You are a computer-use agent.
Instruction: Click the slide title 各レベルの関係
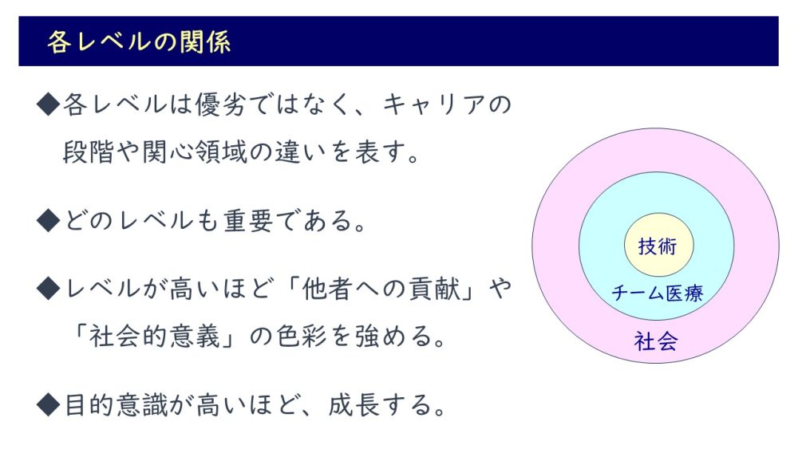139,41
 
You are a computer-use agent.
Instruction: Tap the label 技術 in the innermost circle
658,246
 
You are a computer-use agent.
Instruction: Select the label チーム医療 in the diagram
657,293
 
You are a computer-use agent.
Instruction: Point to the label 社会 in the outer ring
656,341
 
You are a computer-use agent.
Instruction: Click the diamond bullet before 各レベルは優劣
49,104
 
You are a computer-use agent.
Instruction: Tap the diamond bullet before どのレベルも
49,221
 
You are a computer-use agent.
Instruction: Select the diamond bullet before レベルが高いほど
49,289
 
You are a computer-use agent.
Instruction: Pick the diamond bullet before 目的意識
49,405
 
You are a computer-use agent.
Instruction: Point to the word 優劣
221,104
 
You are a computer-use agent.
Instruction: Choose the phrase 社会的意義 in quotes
155,336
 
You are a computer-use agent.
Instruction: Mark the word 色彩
302,336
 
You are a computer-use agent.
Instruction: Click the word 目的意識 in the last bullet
116,405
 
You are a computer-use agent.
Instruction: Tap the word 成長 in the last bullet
354,405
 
